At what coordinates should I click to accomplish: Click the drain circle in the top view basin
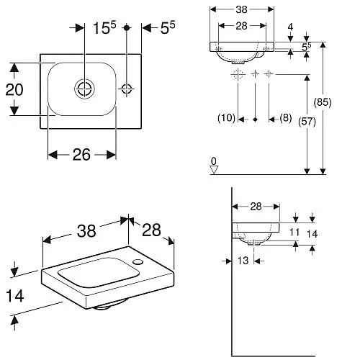pos(84,89)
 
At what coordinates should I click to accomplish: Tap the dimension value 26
pos(81,154)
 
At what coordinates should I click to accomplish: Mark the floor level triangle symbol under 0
pos(213,170)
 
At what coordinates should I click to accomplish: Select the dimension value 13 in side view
pos(245,261)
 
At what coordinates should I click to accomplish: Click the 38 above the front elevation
pos(242,11)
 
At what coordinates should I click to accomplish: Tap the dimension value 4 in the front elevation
pos(291,29)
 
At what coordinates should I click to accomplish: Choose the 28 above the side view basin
pos(256,207)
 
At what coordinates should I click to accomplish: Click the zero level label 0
pos(213,160)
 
